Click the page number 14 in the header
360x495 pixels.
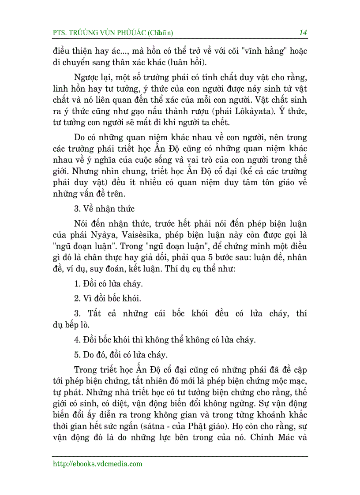pyautogui.click(x=303, y=33)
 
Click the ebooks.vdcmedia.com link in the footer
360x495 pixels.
pyautogui.click(x=97, y=463)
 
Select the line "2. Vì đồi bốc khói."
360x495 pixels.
pyautogui.click(x=107, y=298)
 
